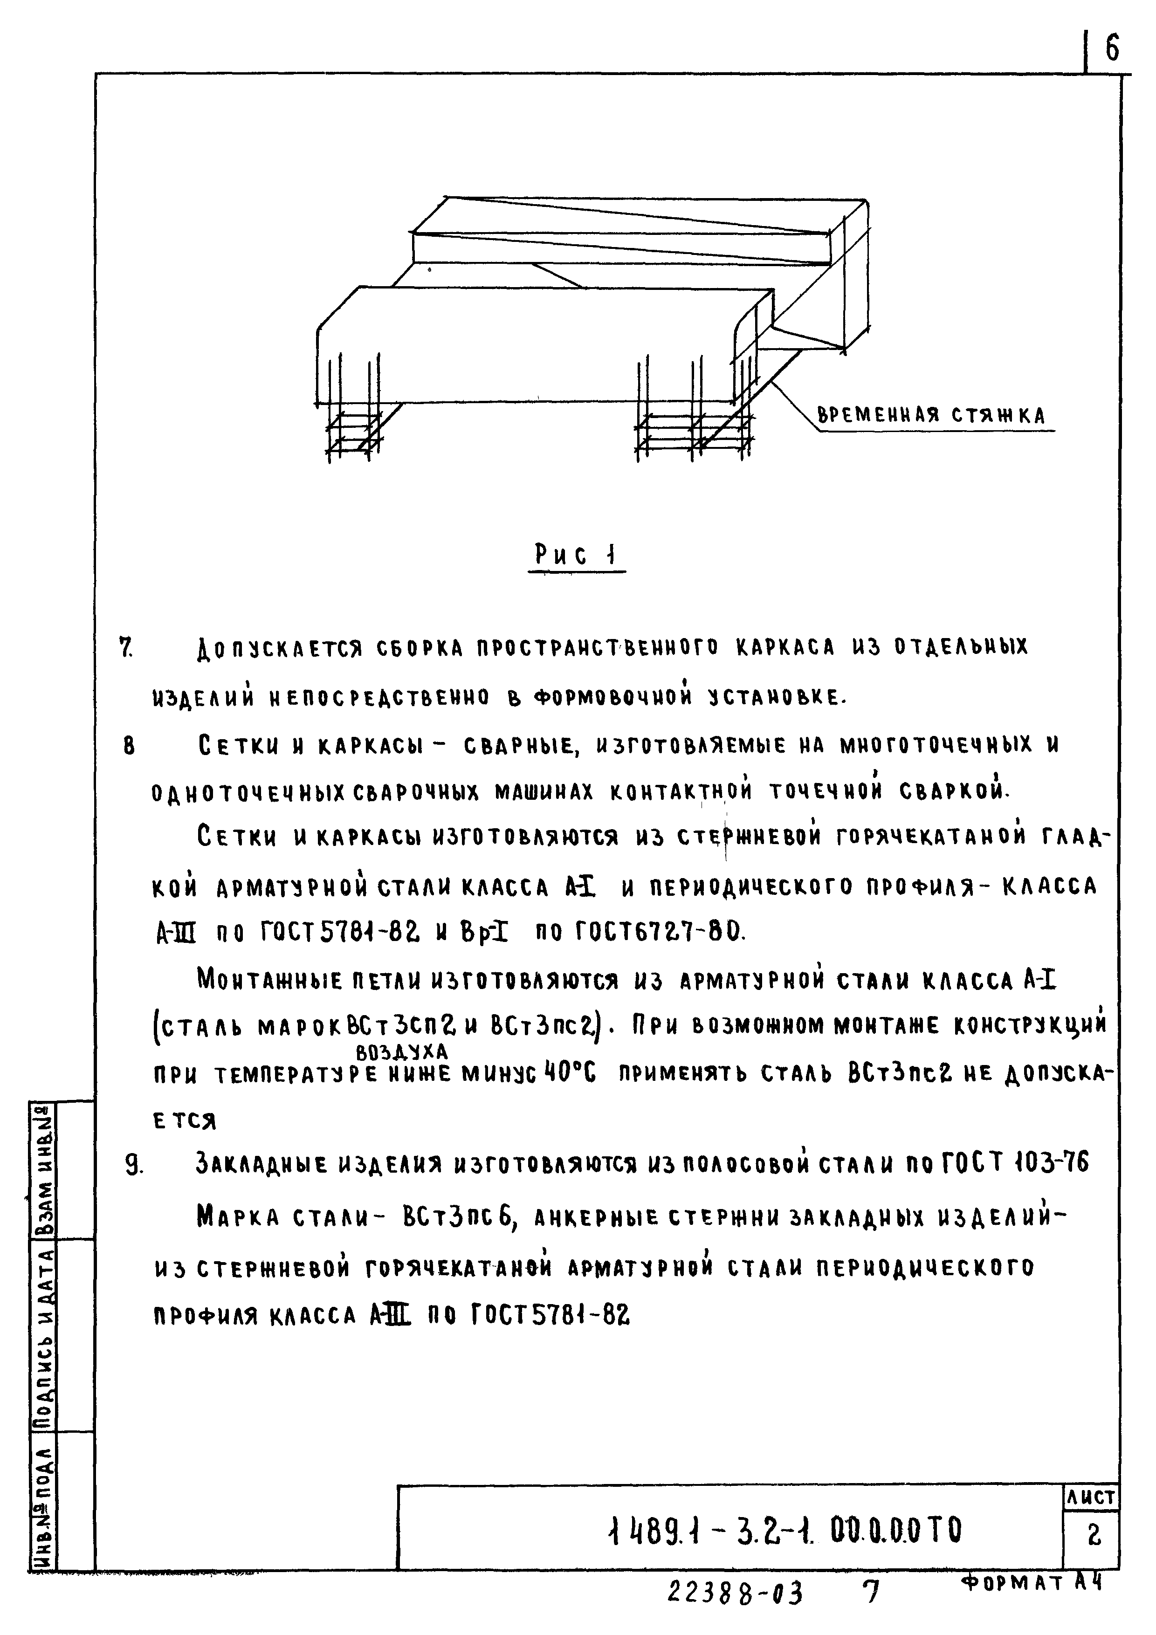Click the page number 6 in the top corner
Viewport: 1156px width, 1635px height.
tap(1112, 48)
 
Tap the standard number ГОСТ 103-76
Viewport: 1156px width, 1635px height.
tap(1015, 1164)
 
